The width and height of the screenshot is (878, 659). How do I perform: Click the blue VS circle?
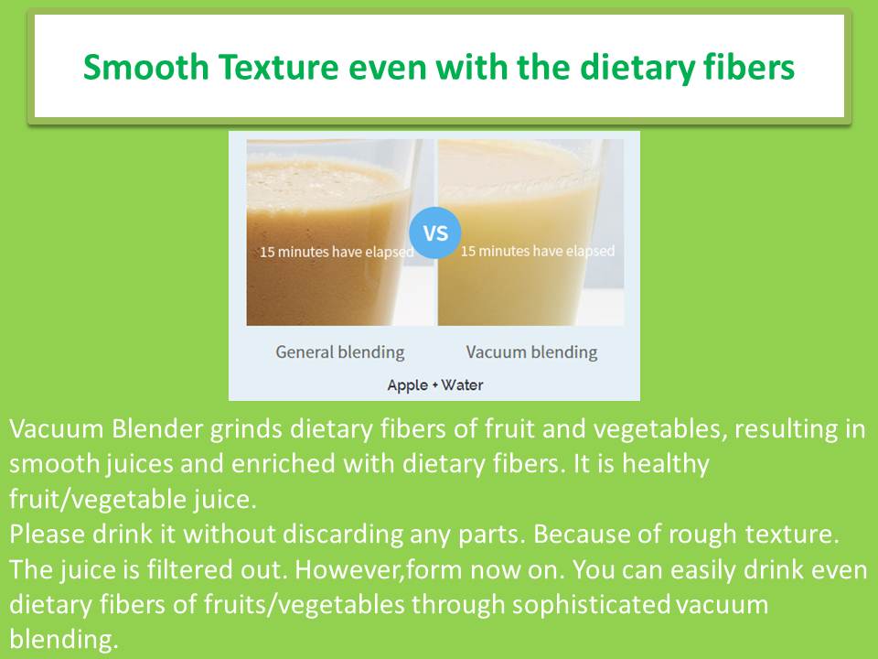pos(435,232)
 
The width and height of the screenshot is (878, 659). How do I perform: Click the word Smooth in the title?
pos(145,67)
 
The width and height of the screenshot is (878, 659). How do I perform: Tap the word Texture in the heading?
pos(278,67)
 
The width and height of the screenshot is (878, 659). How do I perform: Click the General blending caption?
pos(340,352)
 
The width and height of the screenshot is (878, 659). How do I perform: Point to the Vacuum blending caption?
pos(531,352)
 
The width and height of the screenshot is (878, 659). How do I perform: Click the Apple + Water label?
pos(435,385)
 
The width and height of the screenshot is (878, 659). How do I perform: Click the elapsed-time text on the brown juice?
pos(337,253)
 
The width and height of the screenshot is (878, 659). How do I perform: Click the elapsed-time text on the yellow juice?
pos(538,251)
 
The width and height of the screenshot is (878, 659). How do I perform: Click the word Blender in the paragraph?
pos(156,429)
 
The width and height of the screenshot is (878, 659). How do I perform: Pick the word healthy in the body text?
pos(666,465)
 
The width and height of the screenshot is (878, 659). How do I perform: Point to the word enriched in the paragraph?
pos(284,464)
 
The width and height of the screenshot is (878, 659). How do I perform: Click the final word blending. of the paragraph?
pos(64,640)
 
